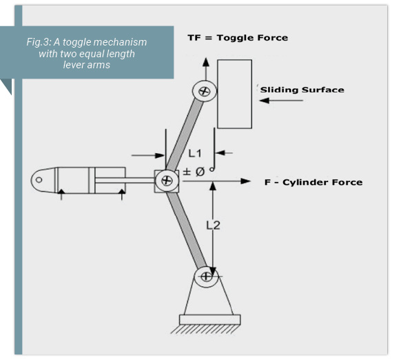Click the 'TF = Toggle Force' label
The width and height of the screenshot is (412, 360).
click(x=237, y=37)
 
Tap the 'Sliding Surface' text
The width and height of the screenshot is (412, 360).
click(x=302, y=90)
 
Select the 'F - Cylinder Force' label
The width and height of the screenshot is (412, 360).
click(x=313, y=182)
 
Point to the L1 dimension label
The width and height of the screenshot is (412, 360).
click(x=194, y=153)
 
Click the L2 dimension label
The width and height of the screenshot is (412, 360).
click(x=214, y=224)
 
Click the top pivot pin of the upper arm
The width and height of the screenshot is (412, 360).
click(x=204, y=90)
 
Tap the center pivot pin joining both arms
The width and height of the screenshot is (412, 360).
click(x=166, y=181)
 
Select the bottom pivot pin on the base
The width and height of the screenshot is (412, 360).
click(x=205, y=277)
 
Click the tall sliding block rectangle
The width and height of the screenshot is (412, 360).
click(x=234, y=94)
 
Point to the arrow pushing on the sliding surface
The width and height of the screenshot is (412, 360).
click(x=282, y=101)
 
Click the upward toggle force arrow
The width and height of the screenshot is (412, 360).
click(x=205, y=69)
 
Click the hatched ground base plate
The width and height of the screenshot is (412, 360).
click(x=209, y=320)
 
